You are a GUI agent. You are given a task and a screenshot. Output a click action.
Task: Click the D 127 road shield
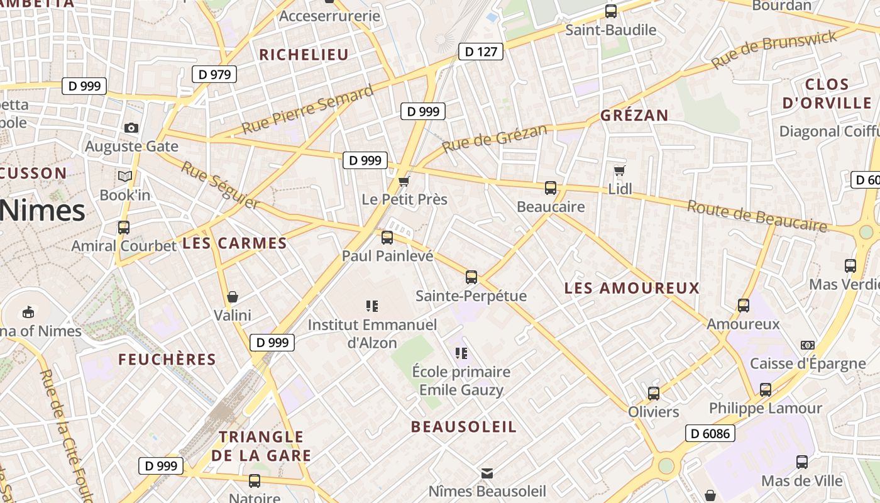[x=481, y=52]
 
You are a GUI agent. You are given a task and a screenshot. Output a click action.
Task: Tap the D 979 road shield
[x=214, y=74]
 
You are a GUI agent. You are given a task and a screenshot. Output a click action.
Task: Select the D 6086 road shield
[x=710, y=433]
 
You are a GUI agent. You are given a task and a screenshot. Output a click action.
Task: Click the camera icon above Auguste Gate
[x=131, y=128]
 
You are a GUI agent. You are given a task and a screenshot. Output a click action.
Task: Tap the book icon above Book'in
[x=125, y=176]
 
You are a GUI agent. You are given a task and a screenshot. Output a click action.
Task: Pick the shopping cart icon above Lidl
[x=619, y=170]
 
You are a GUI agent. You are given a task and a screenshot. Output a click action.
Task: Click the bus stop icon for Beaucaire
[x=551, y=187]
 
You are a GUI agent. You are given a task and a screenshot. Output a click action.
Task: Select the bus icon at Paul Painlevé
[x=387, y=238]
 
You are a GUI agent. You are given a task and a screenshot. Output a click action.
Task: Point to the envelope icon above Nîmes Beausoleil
[x=487, y=473]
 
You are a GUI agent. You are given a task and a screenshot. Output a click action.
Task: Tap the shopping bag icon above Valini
[x=233, y=296]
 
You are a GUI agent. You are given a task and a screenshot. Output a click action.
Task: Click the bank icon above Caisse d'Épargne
[x=808, y=345]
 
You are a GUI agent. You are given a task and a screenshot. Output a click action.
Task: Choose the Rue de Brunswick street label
[x=774, y=49]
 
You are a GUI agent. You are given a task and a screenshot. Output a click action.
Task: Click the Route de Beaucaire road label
[x=757, y=216]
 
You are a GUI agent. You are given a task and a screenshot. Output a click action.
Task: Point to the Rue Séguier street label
[x=220, y=185]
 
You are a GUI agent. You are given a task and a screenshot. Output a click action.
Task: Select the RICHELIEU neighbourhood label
[x=304, y=55]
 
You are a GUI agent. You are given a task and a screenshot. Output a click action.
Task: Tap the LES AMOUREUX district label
[x=632, y=288]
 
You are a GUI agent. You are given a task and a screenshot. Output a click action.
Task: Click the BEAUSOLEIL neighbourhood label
[x=464, y=426]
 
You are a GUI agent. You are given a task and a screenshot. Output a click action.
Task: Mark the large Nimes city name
[x=43, y=211]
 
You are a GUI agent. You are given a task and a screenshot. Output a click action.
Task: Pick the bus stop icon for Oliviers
[x=654, y=394]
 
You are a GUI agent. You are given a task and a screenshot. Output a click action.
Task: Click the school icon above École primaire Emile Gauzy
[x=461, y=353]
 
